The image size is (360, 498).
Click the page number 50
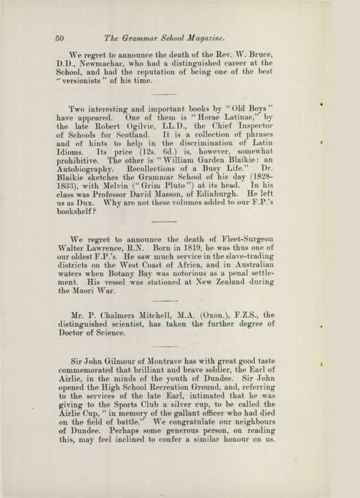click(59, 38)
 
